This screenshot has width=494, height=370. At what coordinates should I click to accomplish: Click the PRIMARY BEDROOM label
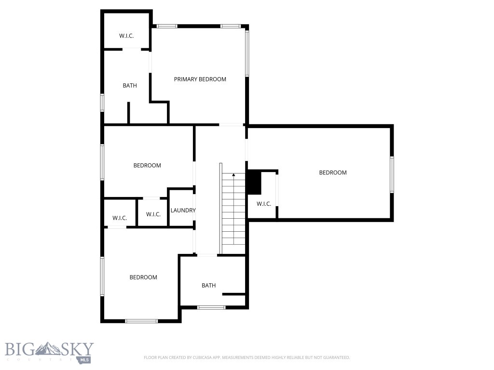200,79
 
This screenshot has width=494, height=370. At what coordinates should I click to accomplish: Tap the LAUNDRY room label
183,211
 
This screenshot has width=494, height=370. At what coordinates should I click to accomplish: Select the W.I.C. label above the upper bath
126,36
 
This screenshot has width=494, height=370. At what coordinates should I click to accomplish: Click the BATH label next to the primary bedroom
129,86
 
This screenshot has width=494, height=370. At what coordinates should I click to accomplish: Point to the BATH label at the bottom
208,286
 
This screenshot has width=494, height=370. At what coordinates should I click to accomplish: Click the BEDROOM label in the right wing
333,172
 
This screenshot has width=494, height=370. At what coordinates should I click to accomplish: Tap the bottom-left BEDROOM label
143,277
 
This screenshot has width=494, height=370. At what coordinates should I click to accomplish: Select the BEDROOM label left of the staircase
147,166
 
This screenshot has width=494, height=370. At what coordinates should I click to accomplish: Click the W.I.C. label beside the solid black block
263,204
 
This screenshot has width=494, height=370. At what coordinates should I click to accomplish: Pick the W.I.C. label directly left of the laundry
153,214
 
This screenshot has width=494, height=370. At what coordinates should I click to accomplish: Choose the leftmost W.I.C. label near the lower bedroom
120,218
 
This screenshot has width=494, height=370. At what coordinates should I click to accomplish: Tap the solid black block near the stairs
254,183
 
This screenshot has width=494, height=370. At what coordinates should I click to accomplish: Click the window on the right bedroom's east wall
392,174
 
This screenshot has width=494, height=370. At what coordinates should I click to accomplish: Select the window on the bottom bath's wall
211,307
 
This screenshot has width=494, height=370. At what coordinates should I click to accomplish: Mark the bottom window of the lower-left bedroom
141,321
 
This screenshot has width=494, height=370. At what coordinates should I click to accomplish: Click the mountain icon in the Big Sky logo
49,348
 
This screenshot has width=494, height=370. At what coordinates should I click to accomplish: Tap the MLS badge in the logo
85,359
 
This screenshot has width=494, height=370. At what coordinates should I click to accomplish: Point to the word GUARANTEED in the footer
333,357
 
